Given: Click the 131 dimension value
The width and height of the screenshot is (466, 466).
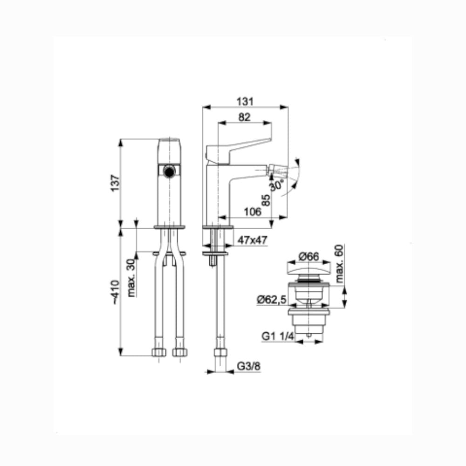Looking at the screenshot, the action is [x=245, y=102].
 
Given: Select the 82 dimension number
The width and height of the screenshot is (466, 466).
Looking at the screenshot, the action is [x=244, y=117].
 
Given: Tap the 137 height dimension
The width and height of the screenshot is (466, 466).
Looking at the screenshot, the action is [x=115, y=183].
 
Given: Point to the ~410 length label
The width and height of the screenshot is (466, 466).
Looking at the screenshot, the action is [x=115, y=292].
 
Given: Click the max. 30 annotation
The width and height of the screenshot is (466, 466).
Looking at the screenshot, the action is [x=131, y=278].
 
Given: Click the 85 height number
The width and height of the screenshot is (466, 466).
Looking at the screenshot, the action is [x=266, y=200].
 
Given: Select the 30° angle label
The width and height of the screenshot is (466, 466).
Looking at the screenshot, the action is [x=276, y=185].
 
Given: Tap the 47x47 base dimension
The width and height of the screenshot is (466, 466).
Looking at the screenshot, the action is [x=252, y=240].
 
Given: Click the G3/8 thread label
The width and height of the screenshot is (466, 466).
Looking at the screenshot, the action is [x=249, y=366].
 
